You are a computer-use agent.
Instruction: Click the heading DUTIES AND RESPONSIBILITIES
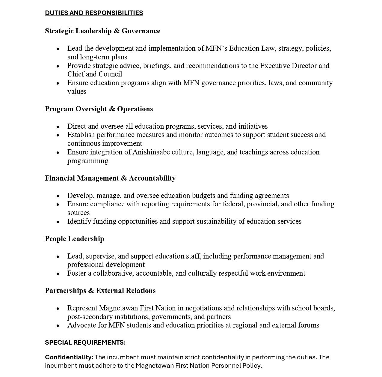(x=94, y=13)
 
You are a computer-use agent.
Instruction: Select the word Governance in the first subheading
(x=141, y=31)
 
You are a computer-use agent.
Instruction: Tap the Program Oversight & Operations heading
(x=99, y=109)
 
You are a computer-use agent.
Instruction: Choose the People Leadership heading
(x=75, y=239)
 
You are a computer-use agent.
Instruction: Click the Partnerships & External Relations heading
(x=100, y=291)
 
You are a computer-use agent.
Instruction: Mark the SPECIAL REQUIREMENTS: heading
(x=85, y=343)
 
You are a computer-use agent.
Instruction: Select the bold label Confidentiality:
(x=69, y=357)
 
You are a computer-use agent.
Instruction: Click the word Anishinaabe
(x=151, y=152)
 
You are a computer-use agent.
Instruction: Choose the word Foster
(x=77, y=273)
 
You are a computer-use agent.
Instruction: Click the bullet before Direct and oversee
(x=58, y=127)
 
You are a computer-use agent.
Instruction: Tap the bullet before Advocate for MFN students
(x=58, y=326)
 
